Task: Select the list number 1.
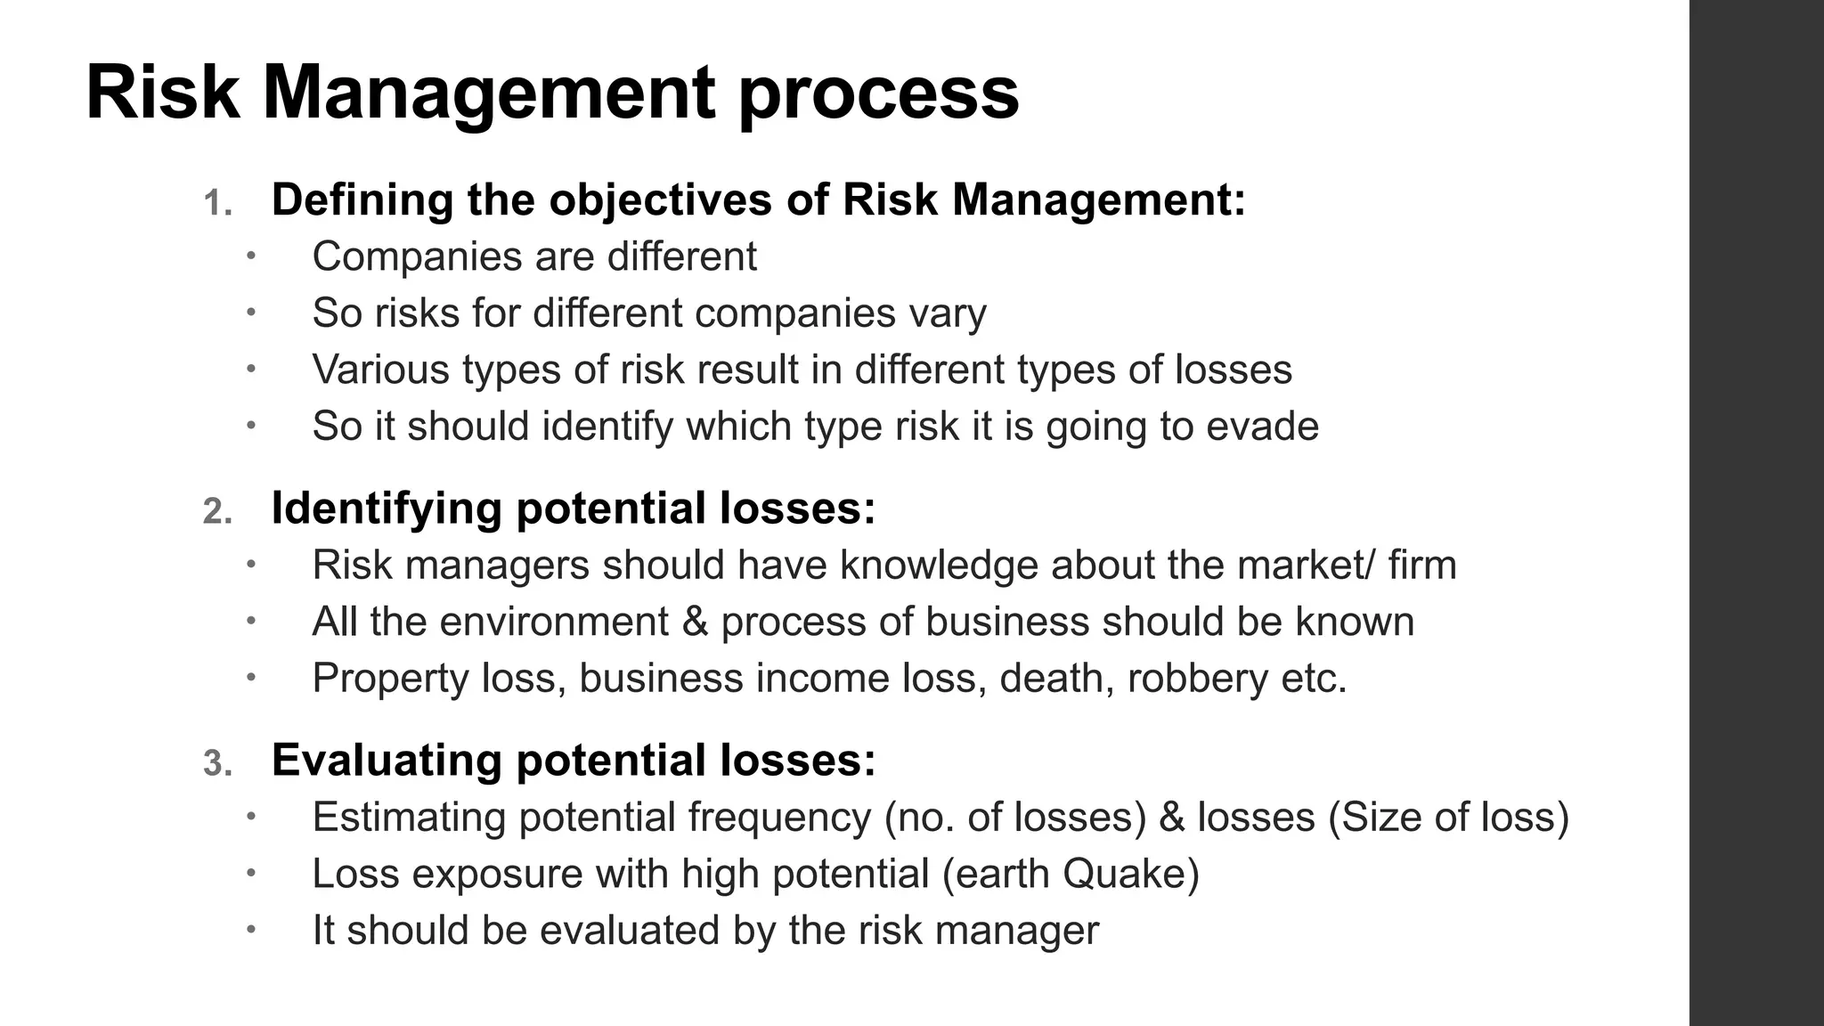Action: click(216, 204)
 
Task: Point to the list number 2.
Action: click(217, 512)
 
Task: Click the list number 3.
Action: click(217, 764)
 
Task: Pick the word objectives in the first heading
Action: click(660, 199)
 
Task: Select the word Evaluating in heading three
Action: click(387, 761)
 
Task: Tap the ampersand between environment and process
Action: click(695, 622)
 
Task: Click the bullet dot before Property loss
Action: click(251, 677)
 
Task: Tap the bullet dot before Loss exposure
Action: click(251, 873)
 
